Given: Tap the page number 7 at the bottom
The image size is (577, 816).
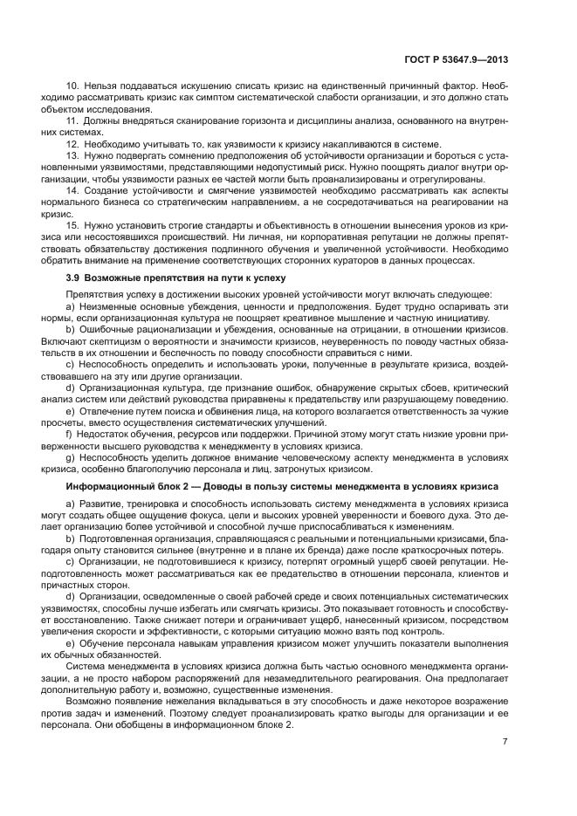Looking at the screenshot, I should (505, 742).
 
